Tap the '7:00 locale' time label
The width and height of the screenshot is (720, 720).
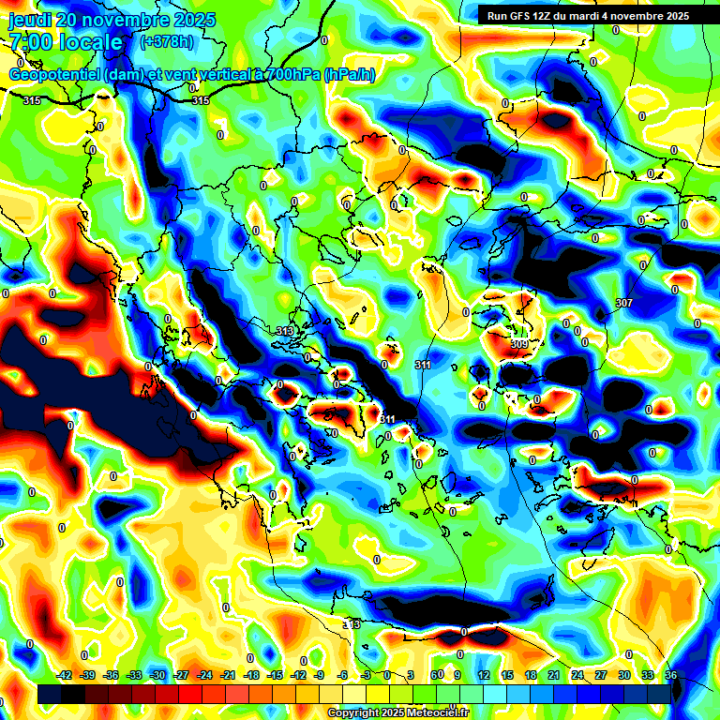65,42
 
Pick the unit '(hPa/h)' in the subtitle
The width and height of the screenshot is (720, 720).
349,75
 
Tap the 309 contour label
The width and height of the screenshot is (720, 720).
519,344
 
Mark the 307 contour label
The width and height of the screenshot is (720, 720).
624,303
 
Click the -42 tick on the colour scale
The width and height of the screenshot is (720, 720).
65,675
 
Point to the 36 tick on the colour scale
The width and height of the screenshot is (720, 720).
671,675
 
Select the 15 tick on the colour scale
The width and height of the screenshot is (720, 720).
506,675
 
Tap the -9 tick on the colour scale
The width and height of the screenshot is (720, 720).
321,675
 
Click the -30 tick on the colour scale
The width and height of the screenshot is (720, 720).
157,675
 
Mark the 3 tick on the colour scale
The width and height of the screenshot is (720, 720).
411,675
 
